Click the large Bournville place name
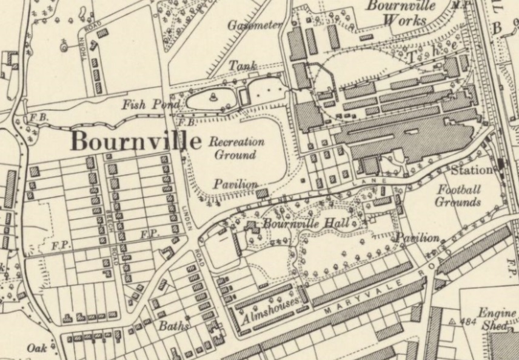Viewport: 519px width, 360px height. (136, 141)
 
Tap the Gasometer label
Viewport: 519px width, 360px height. (255, 25)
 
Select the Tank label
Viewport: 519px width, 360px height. (242, 65)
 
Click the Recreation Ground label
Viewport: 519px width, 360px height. (236, 148)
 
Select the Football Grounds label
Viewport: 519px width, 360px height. (458, 196)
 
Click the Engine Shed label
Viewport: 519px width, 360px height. (497, 319)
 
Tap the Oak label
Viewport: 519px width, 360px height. (37, 348)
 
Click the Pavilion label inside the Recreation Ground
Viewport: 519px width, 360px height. (236, 184)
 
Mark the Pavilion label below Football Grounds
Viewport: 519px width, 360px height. (418, 238)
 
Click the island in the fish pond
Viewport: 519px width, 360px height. (213, 97)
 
